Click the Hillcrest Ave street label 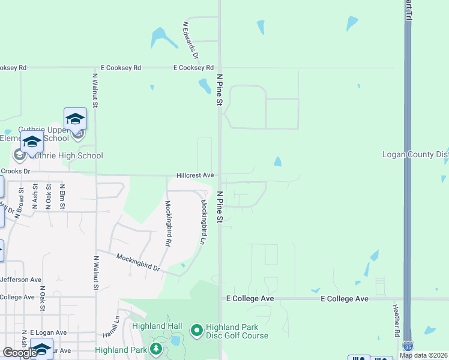coord(195,175)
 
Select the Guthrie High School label coord(66,155)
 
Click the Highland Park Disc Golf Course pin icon coord(196,331)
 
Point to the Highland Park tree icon coord(157,349)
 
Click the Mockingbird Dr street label coord(139,262)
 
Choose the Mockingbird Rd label coord(167,224)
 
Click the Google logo coord(20,352)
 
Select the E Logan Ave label coord(49,332)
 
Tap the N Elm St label coord(62,196)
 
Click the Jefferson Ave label coord(21,280)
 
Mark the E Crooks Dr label coord(15,171)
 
